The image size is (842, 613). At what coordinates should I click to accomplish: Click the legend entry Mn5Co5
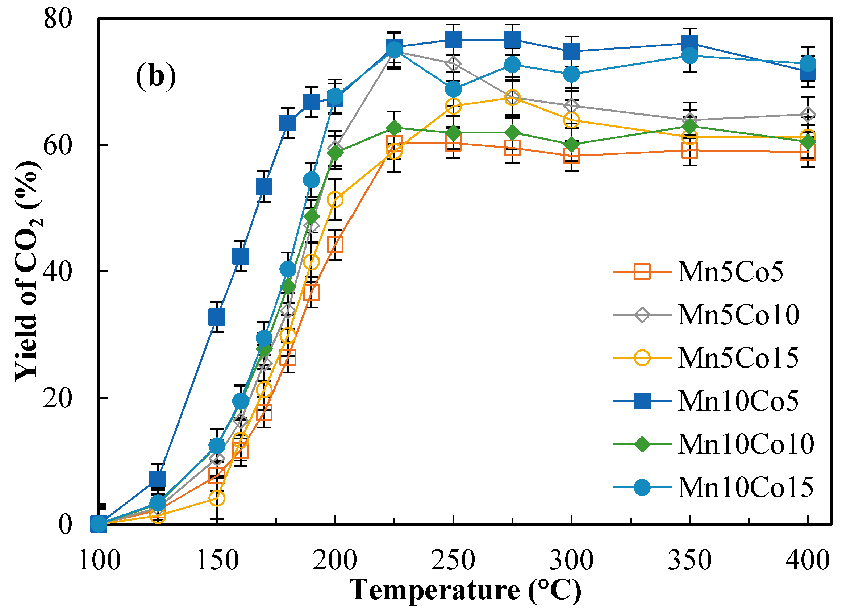[x=730, y=272]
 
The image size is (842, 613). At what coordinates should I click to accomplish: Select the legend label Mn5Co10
[x=738, y=315]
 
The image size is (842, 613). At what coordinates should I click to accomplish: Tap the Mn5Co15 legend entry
[x=738, y=358]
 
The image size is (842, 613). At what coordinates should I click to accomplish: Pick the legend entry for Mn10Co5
[x=738, y=401]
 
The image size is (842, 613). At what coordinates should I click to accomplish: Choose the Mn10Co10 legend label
[x=746, y=444]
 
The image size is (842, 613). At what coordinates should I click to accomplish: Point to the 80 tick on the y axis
[x=58, y=18]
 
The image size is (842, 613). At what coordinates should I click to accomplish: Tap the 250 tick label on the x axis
[x=453, y=560]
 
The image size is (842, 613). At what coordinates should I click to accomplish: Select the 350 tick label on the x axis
[x=689, y=560]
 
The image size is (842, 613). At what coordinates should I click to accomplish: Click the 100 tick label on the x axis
[x=100, y=560]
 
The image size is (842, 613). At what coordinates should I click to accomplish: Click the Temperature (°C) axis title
[x=466, y=590]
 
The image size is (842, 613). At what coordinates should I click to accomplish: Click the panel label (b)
[x=155, y=76]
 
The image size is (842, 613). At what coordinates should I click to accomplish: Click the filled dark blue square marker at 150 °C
[x=217, y=317]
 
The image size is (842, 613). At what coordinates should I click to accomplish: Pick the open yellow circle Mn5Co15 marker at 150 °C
[x=217, y=498]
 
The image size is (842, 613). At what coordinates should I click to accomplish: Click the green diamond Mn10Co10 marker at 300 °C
[x=571, y=144]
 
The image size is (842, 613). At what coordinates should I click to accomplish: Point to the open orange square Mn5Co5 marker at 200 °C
[x=335, y=244]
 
